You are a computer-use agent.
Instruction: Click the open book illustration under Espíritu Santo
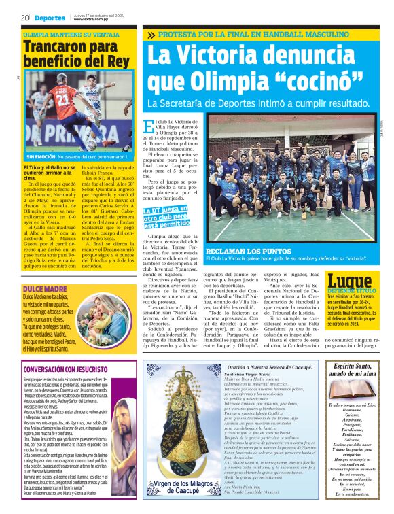(352, 390)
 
